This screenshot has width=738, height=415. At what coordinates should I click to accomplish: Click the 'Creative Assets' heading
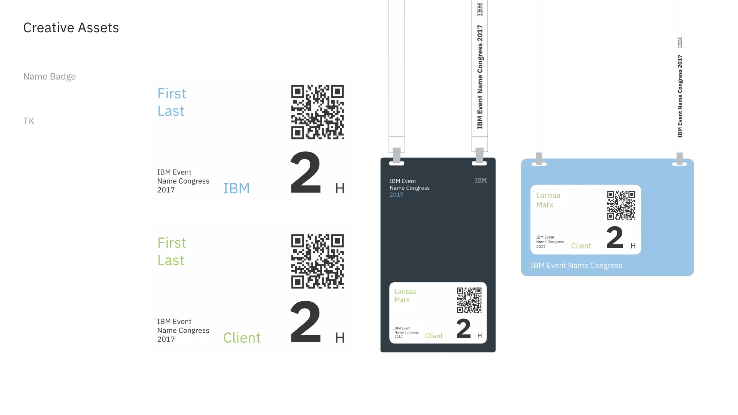coord(71,28)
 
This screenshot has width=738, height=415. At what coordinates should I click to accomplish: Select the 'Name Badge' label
coord(49,76)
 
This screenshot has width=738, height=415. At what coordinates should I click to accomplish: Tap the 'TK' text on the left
coord(29,121)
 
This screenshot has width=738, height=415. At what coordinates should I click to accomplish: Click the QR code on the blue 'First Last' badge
coord(317,112)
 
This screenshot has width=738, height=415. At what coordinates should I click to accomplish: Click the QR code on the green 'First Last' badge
coord(317,261)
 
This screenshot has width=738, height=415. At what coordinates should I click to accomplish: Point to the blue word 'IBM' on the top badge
coord(236,188)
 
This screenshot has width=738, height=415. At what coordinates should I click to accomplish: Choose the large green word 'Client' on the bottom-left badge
coord(242,338)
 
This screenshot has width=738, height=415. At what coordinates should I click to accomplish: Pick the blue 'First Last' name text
coord(171,102)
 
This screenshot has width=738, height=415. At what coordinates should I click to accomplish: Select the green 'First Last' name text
coord(171,252)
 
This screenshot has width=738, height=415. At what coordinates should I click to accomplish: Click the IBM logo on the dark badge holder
coord(480,181)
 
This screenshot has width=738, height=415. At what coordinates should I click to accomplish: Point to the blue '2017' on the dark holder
coord(396,195)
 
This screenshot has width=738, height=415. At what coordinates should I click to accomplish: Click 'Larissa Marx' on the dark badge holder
coord(405,295)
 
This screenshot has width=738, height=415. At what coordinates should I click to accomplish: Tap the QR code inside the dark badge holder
coord(469,300)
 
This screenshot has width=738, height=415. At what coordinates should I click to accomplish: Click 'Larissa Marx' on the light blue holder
coord(548,200)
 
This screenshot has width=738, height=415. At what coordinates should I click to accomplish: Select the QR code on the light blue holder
coord(621,205)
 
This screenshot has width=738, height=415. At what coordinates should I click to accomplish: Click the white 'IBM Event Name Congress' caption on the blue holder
coord(576,266)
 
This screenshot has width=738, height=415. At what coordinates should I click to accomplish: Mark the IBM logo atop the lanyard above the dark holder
coord(480,9)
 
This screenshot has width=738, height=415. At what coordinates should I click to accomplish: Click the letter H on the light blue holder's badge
coord(633,246)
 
